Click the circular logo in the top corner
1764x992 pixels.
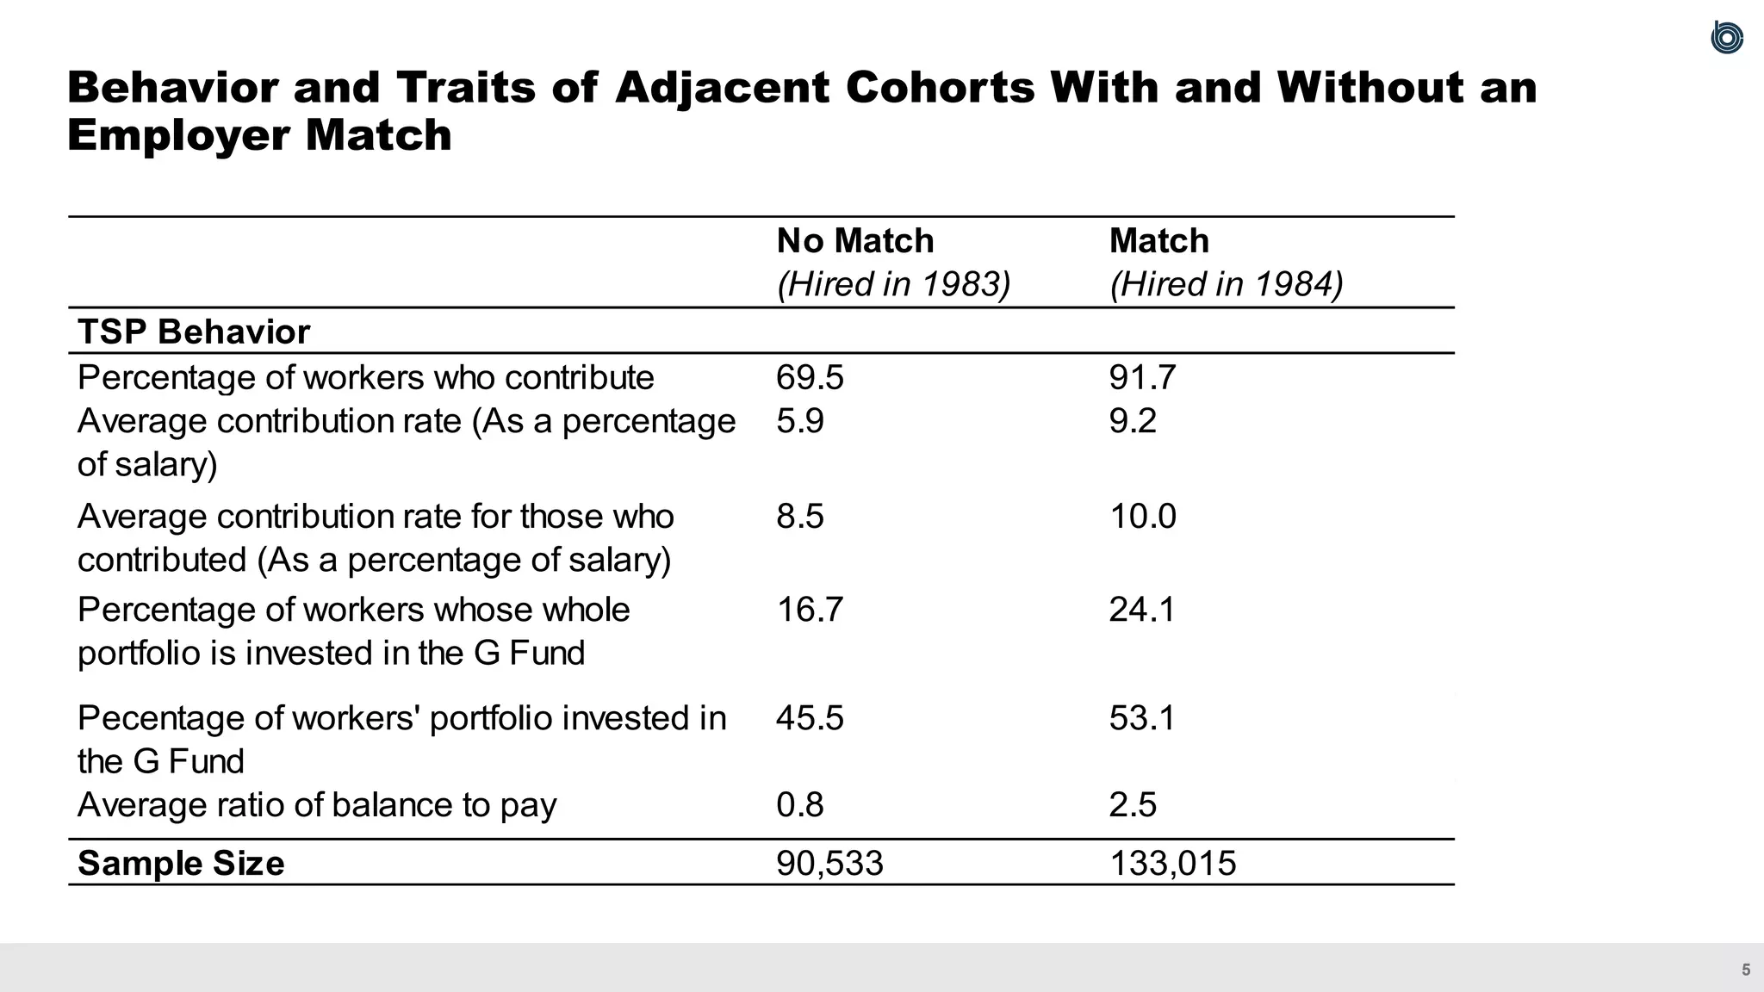tap(1727, 38)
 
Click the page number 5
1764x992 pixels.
tap(1746, 970)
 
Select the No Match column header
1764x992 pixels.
tap(854, 240)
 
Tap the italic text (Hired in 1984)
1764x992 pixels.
tap(1226, 284)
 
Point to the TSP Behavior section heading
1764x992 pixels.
tap(193, 332)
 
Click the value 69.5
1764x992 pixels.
tap(810, 377)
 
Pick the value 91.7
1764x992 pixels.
tap(1142, 377)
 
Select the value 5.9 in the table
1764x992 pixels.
tap(799, 420)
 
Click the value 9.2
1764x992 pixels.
tap(1133, 420)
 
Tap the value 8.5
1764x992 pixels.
tap(799, 516)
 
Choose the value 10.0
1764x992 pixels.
tap(1142, 516)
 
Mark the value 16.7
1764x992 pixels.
tap(810, 609)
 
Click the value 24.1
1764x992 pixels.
tap(1142, 609)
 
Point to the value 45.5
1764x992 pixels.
tap(810, 717)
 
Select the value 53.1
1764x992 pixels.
tap(1142, 717)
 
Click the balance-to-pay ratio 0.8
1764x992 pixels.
tap(799, 804)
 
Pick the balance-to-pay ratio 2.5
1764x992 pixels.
tap(1133, 804)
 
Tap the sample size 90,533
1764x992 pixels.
tap(829, 863)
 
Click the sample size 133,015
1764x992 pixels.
tap(1172, 863)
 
